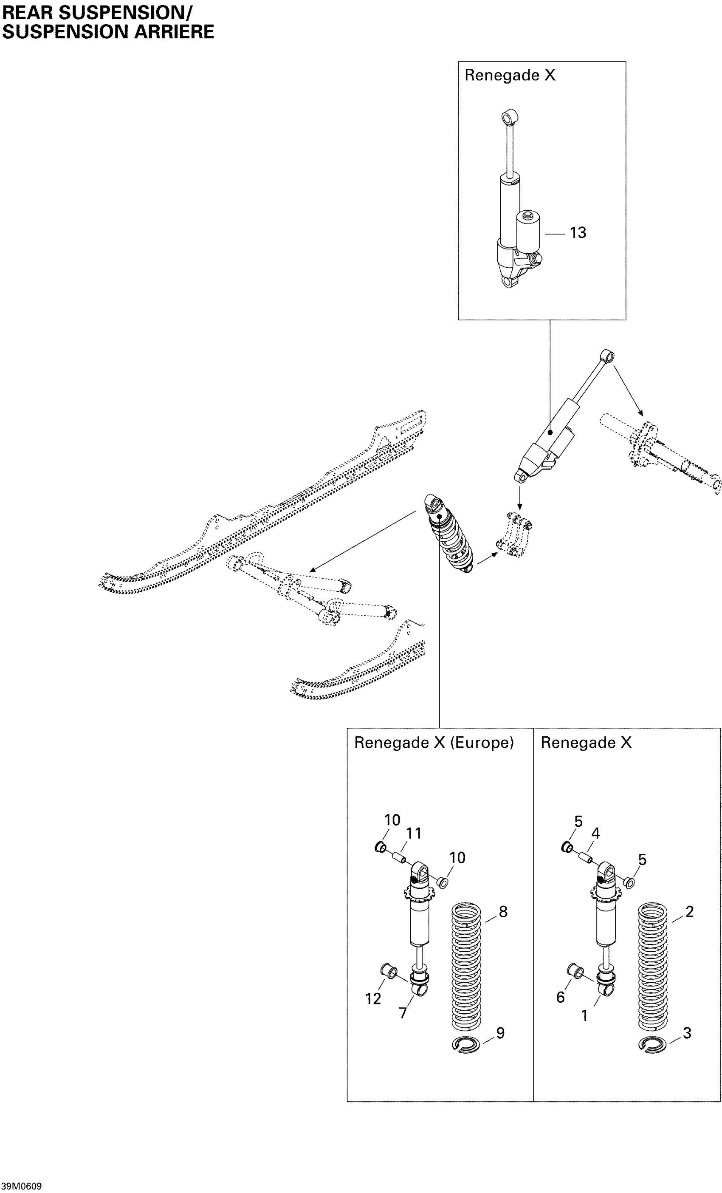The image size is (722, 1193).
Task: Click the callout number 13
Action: pyautogui.click(x=578, y=233)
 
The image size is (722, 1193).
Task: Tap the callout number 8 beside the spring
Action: pyautogui.click(x=503, y=912)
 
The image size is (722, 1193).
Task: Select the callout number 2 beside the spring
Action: pyautogui.click(x=690, y=912)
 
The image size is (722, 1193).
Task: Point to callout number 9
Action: pyautogui.click(x=500, y=1033)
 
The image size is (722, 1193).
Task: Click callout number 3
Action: pyautogui.click(x=687, y=1033)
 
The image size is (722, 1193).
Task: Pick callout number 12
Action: pyautogui.click(x=373, y=998)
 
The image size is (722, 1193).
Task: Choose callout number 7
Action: pyautogui.click(x=403, y=1012)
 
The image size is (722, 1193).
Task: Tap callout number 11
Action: pyautogui.click(x=413, y=833)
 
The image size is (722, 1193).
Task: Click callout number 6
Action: pyautogui.click(x=560, y=997)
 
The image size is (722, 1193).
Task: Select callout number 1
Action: pyautogui.click(x=584, y=1015)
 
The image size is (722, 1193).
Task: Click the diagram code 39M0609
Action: pyautogui.click(x=21, y=1186)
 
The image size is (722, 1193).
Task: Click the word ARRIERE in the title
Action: pyautogui.click(x=174, y=32)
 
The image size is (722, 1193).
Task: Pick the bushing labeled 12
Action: pyautogui.click(x=389, y=971)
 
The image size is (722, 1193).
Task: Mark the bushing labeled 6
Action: pyautogui.click(x=575, y=971)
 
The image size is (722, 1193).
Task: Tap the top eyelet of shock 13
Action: pyautogui.click(x=510, y=117)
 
